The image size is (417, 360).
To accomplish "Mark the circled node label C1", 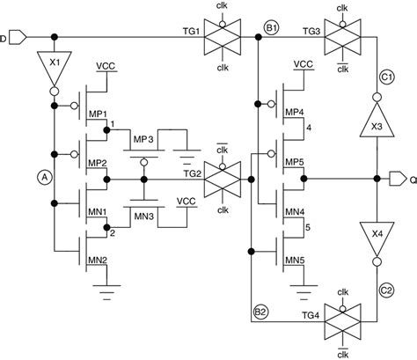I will click(x=386, y=77).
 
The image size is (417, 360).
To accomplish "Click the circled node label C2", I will click(x=386, y=288).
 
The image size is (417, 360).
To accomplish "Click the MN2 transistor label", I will click(x=99, y=260).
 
